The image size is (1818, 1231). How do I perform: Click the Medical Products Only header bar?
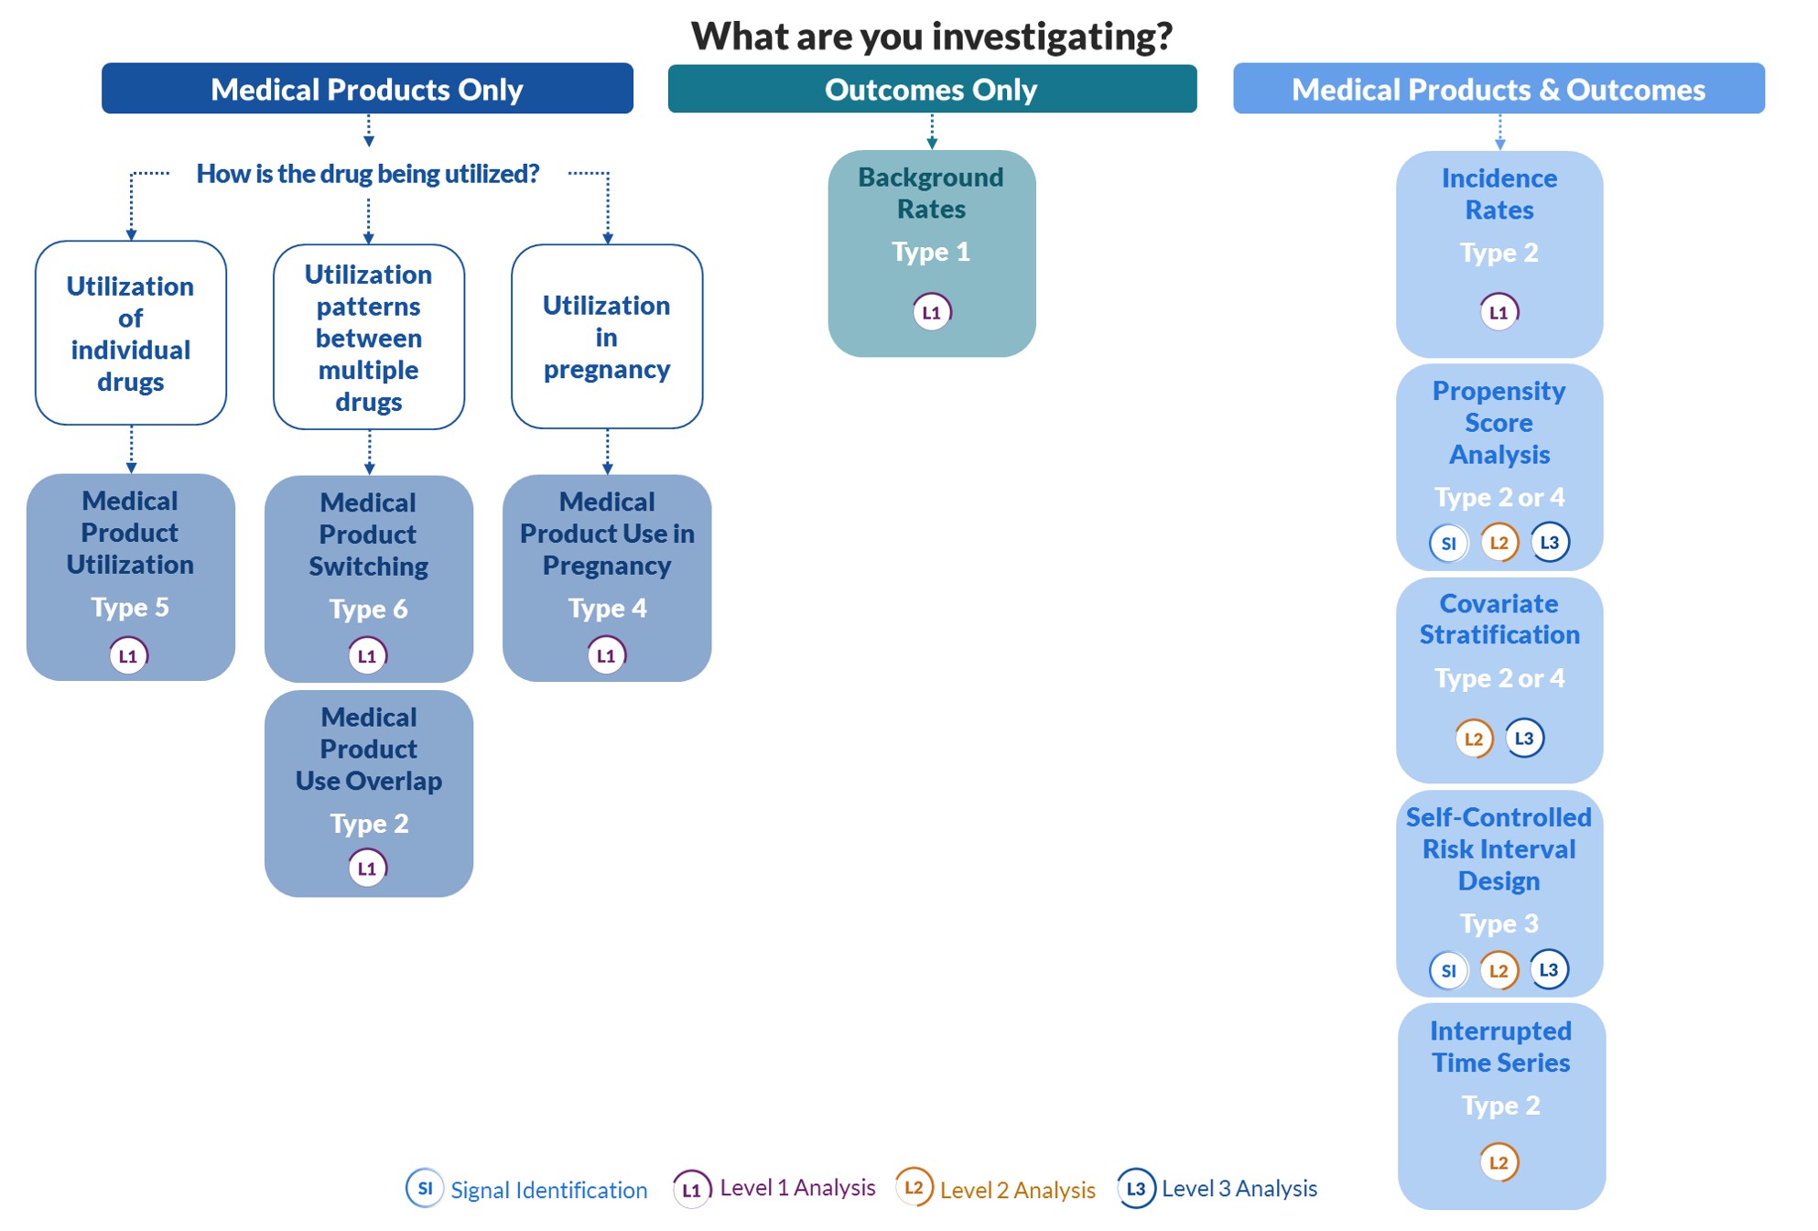pos(367,89)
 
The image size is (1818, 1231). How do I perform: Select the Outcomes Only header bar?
pos(932,89)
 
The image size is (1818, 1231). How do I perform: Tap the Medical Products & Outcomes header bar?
pos(1499,89)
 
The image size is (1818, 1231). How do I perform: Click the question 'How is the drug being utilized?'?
pos(368,173)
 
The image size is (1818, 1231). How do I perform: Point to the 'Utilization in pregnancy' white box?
pos(607,336)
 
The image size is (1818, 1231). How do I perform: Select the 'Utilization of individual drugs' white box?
pos(131,333)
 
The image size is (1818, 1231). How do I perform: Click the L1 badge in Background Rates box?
pos(932,312)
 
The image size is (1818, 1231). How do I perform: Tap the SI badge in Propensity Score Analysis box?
pos(1448,543)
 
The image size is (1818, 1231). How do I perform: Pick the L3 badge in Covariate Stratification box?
pos(1524,738)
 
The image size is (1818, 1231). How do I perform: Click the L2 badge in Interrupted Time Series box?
pos(1499,1162)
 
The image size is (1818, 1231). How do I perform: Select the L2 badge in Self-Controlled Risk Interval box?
pos(1499,970)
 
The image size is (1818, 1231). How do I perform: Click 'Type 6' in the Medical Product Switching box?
pos(368,609)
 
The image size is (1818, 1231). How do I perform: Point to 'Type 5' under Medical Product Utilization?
pos(130,607)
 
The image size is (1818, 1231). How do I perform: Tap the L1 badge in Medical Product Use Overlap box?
pos(367,868)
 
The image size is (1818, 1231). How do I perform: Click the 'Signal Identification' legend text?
pos(548,1190)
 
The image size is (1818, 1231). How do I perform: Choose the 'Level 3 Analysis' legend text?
pos(1239,1188)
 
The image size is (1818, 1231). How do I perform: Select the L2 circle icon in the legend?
pos(914,1187)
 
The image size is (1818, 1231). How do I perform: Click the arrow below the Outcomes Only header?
pos(932,131)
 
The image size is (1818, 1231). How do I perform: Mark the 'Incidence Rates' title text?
pos(1499,194)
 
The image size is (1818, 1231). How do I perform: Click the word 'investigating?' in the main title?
pos(1052,37)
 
